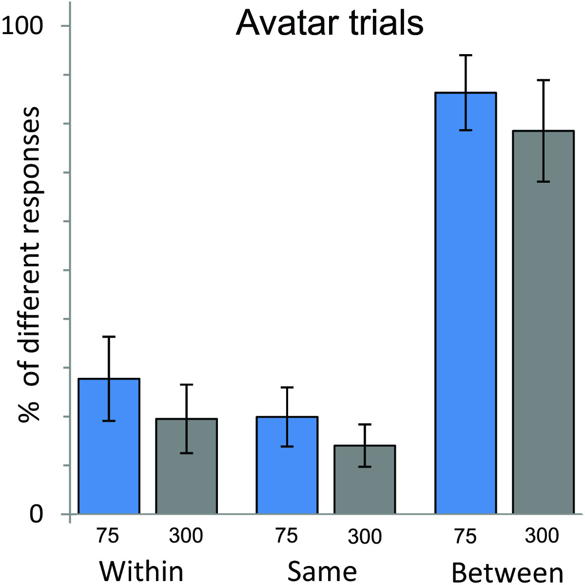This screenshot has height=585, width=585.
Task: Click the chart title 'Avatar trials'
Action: click(330, 23)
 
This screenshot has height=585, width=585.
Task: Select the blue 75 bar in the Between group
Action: click(466, 302)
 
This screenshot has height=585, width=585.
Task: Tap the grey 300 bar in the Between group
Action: click(543, 322)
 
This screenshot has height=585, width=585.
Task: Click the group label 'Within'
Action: click(141, 571)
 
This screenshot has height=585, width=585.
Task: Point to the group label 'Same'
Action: click(322, 571)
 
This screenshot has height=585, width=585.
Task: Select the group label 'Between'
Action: click(507, 572)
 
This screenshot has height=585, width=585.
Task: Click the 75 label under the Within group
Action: click(108, 536)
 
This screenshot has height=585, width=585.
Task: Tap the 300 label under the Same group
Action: click(364, 537)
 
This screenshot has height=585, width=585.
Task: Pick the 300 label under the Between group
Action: click(542, 536)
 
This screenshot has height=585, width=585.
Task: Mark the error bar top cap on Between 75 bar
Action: click(466, 56)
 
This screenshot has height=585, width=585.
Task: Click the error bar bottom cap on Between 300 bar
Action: click(543, 181)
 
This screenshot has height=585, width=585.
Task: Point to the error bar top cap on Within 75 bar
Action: click(109, 336)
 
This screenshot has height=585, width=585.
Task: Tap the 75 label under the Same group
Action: click(286, 536)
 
